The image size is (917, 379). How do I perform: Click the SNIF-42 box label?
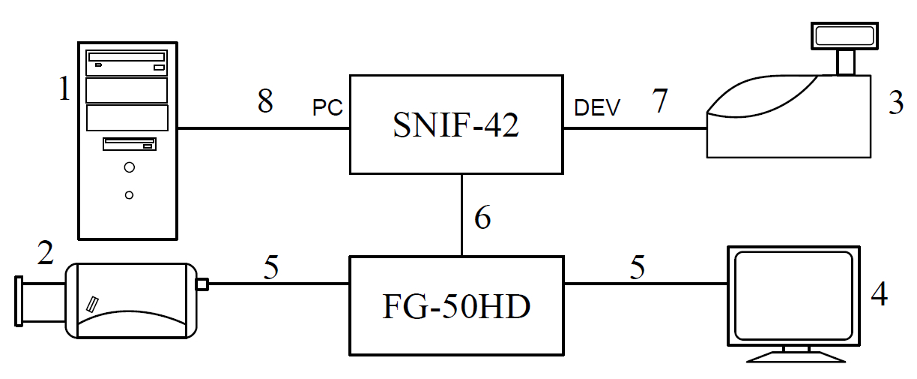(456, 125)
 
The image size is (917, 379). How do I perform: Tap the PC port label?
(327, 108)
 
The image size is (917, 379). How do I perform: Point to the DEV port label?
(596, 108)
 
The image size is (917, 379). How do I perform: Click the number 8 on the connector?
(265, 101)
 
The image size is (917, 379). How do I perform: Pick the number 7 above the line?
(659, 101)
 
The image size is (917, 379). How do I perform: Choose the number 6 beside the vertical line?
(483, 218)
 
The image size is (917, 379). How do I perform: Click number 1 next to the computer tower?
(65, 91)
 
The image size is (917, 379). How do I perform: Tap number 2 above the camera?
(45, 255)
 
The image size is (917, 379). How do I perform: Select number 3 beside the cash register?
(896, 103)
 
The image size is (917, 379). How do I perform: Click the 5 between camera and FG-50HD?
(272, 269)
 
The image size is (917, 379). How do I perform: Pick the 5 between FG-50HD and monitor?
(637, 269)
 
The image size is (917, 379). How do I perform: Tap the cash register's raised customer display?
(845, 35)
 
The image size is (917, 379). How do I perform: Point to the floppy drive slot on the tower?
(129, 143)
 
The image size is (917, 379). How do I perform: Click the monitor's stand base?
(793, 356)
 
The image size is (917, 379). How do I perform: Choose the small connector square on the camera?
(201, 284)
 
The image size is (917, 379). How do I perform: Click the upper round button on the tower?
(129, 167)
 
